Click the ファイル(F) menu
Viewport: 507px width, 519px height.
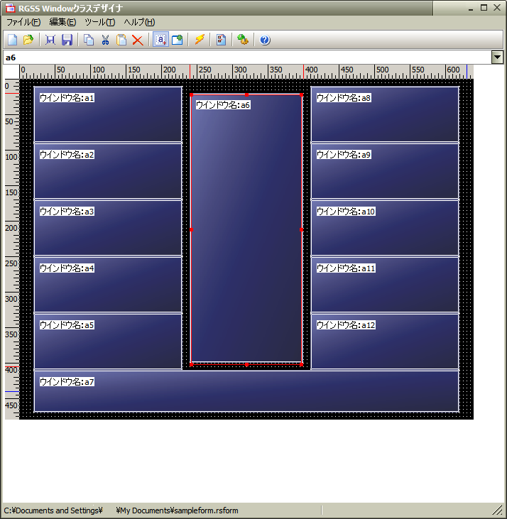pos(23,22)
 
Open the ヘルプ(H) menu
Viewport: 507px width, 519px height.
pos(139,22)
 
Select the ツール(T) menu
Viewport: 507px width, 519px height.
pos(99,22)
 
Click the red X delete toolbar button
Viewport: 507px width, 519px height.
pos(137,40)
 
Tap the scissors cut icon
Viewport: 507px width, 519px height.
pos(105,40)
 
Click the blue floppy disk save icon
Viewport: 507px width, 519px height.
pos(67,40)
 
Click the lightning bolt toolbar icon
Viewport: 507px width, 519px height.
pos(200,40)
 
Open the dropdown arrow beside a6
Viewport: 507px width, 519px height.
pos(497,58)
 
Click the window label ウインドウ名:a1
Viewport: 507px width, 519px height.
pos(67,98)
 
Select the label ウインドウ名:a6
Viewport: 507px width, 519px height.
pos(223,105)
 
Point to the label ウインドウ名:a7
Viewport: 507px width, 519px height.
pos(67,382)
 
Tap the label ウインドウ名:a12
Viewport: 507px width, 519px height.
pos(346,325)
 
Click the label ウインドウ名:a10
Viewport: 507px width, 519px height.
pos(346,212)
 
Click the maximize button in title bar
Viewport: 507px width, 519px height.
pos(484,8)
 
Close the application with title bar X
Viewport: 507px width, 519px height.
pos(497,8)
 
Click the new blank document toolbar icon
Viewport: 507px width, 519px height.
pos(13,40)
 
